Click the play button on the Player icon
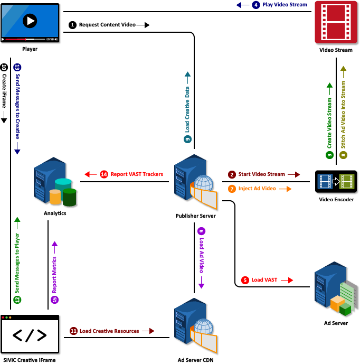[x=30, y=21]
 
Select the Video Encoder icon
[x=337, y=182]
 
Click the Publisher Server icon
[x=195, y=183]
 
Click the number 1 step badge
[x=72, y=25]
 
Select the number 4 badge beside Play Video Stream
[x=255, y=5]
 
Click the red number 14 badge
[x=103, y=174]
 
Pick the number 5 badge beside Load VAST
[x=245, y=279]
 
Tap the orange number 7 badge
[x=232, y=189]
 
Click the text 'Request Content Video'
[x=107, y=25]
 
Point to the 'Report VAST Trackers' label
[x=137, y=174]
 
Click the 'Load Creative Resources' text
[x=109, y=331]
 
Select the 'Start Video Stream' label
[x=261, y=174]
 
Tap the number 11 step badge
[x=73, y=331]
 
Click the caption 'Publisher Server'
[x=195, y=216]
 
